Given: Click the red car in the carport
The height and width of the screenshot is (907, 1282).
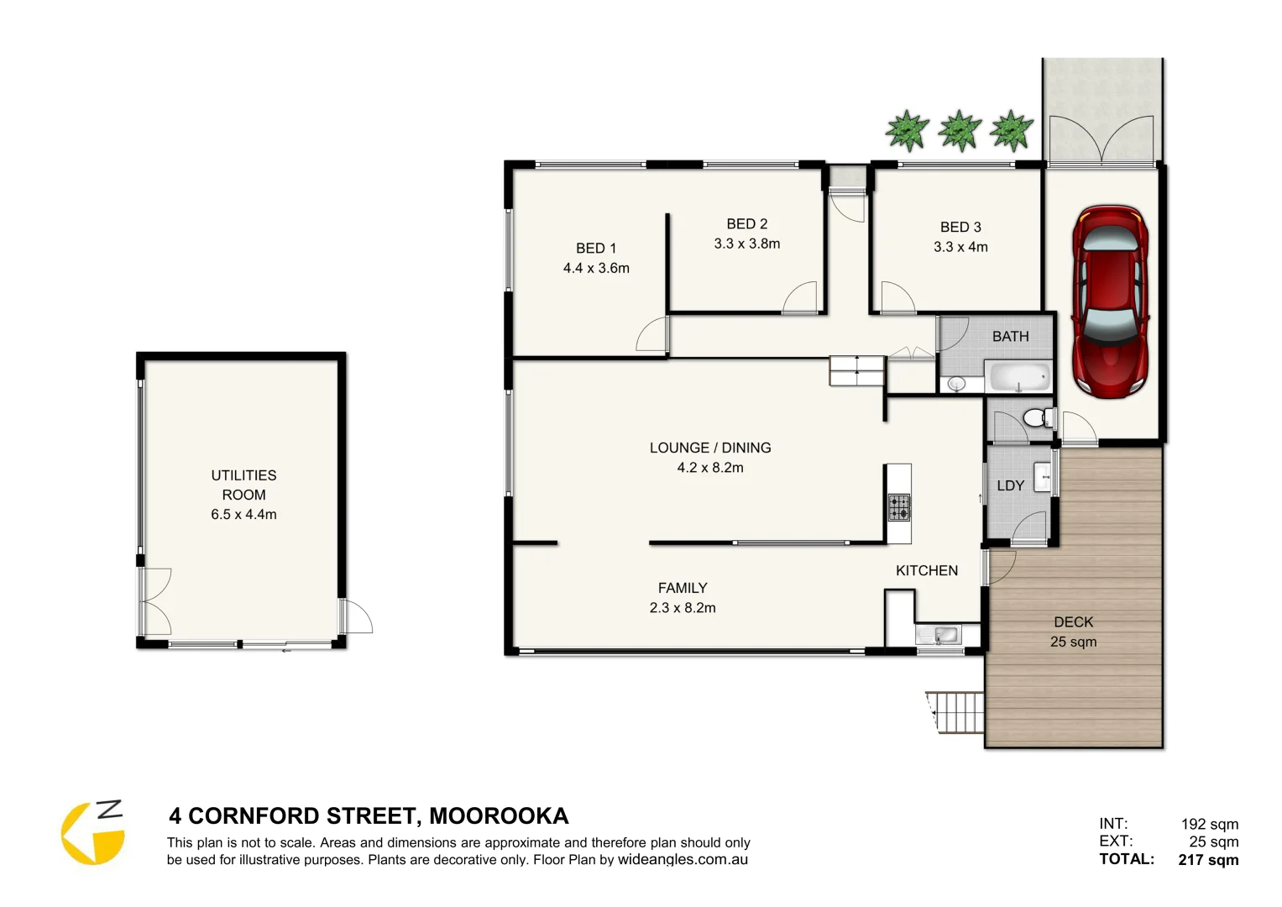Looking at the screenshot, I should tap(1109, 302).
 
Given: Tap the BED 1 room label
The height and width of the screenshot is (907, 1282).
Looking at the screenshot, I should tap(596, 249).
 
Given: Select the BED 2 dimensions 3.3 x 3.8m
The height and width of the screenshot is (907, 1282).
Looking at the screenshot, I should tap(746, 244).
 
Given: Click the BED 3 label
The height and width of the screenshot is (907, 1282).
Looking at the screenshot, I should tap(960, 227).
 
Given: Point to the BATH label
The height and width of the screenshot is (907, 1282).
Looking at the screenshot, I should tap(1010, 337).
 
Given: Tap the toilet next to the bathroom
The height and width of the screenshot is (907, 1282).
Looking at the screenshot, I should tap(1039, 417).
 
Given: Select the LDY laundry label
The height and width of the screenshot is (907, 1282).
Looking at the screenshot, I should tap(1010, 485).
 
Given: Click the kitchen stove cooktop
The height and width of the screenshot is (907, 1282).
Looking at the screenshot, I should tap(898, 506).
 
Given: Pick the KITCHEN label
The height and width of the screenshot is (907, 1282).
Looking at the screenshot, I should tap(926, 570).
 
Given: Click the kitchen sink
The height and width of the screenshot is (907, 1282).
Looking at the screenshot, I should tap(939, 635).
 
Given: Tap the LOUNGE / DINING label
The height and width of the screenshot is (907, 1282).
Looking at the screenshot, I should tap(710, 448).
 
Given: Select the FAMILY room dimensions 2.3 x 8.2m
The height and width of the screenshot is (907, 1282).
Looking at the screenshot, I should tap(682, 608).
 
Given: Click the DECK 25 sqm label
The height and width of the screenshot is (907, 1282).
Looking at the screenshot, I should tap(1073, 632).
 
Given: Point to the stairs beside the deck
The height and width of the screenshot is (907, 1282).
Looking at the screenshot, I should tap(957, 712).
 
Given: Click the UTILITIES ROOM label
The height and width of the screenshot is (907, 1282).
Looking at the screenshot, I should tap(243, 485).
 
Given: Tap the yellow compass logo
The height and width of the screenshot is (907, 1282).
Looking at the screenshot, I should tap(92, 833).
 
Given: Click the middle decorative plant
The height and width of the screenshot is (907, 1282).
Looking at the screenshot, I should tap(960, 131).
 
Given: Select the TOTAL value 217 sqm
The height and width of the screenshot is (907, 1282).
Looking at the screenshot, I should tap(1208, 859).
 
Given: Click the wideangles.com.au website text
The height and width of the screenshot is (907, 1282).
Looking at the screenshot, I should tap(683, 859).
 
